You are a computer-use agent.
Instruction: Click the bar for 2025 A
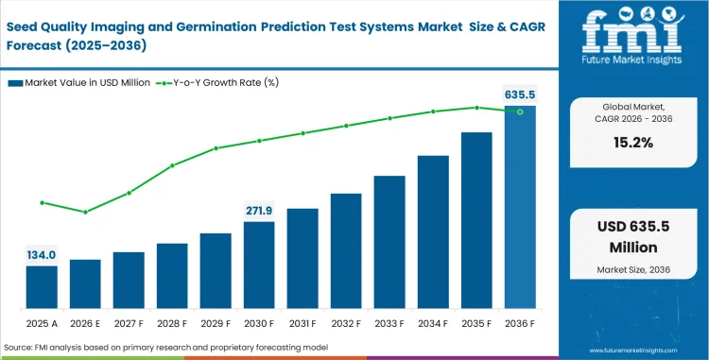[x=42, y=287]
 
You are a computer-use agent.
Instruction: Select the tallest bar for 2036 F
[x=520, y=208]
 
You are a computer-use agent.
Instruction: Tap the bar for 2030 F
[x=259, y=266]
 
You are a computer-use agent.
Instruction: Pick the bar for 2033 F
[x=389, y=242]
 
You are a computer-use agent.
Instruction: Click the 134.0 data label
[x=42, y=254]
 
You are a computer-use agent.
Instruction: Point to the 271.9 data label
[x=259, y=210]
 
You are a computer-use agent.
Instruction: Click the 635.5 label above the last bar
[x=520, y=94]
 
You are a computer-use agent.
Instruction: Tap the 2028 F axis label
[x=172, y=322]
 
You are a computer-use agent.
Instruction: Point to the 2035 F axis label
[x=476, y=322]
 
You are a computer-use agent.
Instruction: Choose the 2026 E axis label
[x=85, y=322]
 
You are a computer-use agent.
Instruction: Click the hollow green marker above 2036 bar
[x=520, y=111]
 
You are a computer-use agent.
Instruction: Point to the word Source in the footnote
[x=20, y=348]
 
